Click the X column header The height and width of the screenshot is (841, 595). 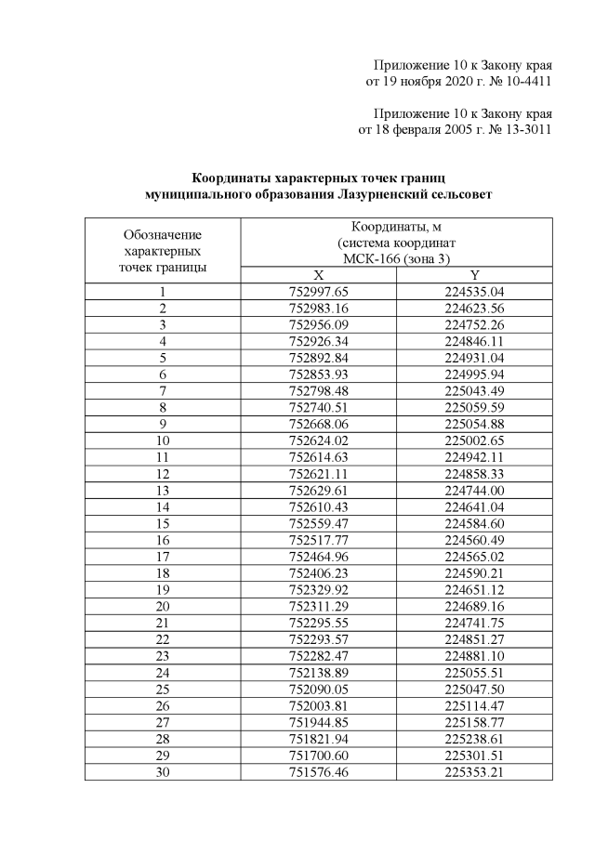coord(318,275)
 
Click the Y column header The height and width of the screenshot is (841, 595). coord(474,275)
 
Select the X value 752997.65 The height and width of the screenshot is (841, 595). coord(318,292)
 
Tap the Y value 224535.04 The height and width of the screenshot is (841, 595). coord(474,292)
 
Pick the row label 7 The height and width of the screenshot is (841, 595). coord(163,390)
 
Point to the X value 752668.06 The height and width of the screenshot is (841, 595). coord(318,423)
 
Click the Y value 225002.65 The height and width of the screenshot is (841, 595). coord(474,440)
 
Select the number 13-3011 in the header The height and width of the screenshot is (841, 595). coord(524,129)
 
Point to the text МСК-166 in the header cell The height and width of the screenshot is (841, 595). coord(370,258)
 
